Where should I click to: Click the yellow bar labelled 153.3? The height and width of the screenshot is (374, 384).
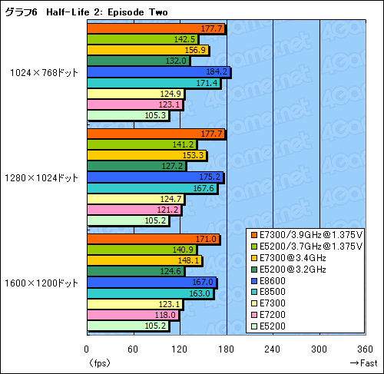(147, 155)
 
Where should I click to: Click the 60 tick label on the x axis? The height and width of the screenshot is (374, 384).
(134, 349)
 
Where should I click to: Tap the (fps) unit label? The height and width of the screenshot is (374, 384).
(99, 362)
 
